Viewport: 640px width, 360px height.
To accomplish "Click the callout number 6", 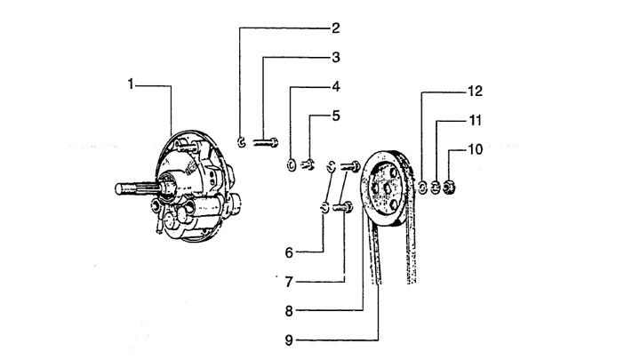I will click(290, 252).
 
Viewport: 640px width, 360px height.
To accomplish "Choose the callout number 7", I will click(290, 282).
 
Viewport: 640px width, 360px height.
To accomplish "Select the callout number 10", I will click(475, 149).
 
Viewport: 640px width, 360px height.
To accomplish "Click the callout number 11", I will click(475, 120).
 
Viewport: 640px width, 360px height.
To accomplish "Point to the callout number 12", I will click(475, 91).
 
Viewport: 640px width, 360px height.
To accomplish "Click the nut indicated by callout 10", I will click(450, 186).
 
